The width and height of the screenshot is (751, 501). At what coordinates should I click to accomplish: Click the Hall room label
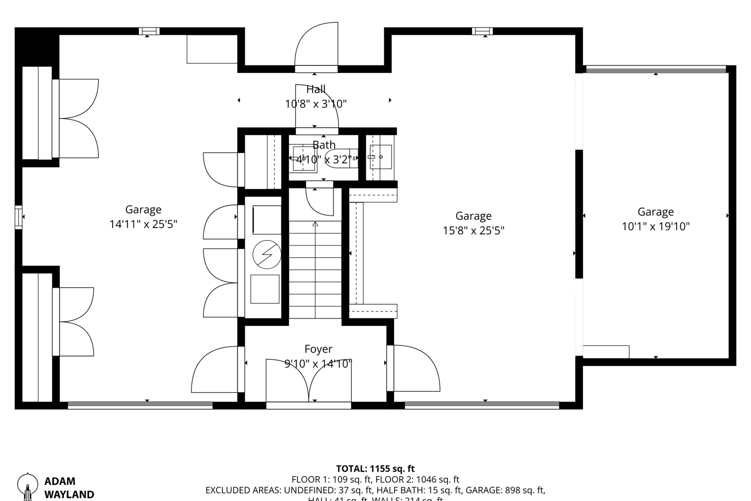click(316, 89)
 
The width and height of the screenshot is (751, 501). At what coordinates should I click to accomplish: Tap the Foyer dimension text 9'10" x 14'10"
click(318, 364)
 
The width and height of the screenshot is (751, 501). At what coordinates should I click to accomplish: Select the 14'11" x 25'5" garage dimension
click(143, 224)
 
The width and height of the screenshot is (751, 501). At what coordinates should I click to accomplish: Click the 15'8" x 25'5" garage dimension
click(474, 230)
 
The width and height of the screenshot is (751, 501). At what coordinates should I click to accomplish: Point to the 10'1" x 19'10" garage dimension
click(655, 226)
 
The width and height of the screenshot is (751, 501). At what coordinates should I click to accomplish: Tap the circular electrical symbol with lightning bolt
click(267, 255)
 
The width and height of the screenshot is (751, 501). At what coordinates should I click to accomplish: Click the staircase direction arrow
click(315, 225)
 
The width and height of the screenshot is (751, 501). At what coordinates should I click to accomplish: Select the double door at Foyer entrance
click(309, 380)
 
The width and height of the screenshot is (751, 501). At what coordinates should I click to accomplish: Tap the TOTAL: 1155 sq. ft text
click(375, 468)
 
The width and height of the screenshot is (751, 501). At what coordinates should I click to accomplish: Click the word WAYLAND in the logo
click(69, 495)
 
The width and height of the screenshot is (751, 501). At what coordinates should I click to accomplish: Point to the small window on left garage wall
click(18, 217)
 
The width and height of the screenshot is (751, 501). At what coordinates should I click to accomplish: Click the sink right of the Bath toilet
click(381, 157)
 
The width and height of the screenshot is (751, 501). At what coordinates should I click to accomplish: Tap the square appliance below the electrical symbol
click(265, 289)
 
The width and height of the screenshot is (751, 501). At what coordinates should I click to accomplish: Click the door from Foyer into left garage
click(215, 369)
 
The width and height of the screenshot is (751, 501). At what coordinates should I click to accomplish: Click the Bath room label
click(324, 145)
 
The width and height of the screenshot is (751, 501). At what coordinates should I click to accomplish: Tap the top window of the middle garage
click(482, 31)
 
